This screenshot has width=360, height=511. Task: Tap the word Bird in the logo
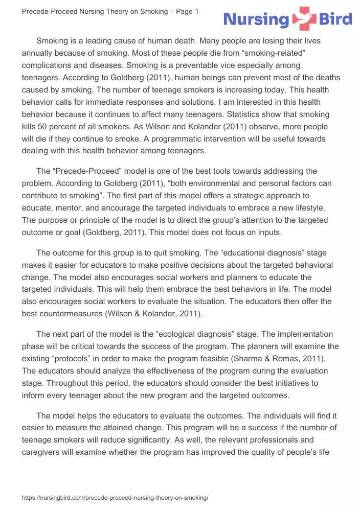(x=335, y=20)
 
